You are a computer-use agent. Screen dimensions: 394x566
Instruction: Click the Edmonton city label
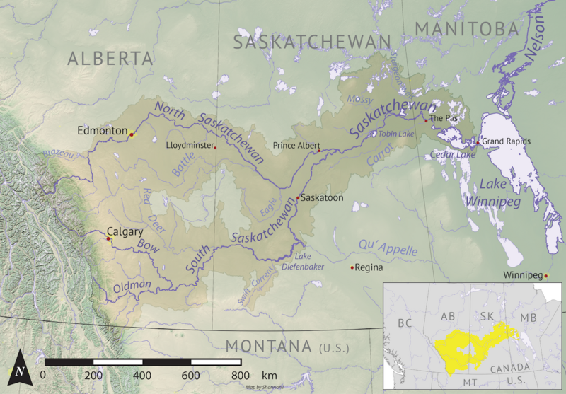[x=103, y=132]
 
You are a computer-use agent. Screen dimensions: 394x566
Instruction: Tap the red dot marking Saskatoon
[x=299, y=197]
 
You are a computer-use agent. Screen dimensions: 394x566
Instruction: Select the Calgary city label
[x=125, y=231]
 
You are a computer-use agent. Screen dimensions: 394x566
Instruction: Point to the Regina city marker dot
[x=352, y=267]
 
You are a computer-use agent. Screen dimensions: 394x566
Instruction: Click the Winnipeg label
[x=522, y=274]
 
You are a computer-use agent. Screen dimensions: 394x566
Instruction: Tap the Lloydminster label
[x=189, y=145]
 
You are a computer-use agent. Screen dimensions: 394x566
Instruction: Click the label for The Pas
[x=444, y=118]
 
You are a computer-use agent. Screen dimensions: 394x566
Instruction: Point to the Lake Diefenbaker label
[x=313, y=261]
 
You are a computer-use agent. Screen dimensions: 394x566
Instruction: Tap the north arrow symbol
[x=21, y=369]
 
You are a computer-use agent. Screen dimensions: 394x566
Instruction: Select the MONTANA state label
[x=268, y=347]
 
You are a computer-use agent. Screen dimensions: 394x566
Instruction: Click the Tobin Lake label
[x=395, y=134]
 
